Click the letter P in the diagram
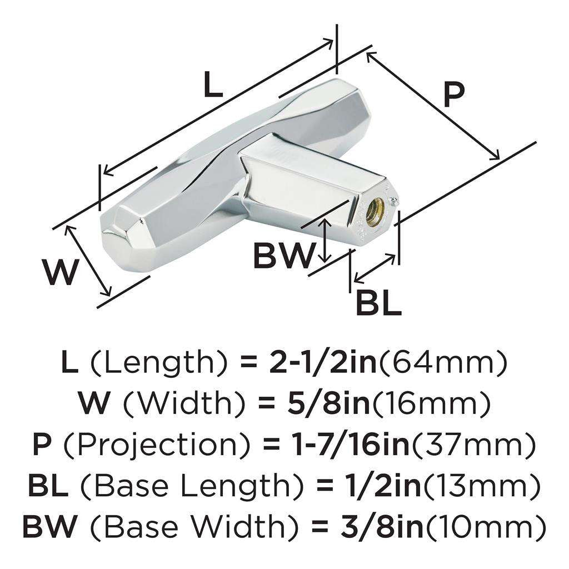tap(453, 94)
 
